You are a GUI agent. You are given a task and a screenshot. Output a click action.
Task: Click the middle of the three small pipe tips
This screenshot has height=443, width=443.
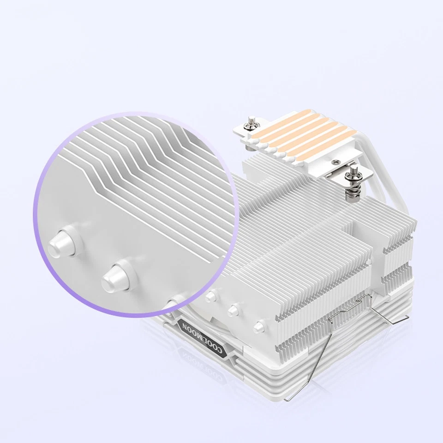pos(234,309)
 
